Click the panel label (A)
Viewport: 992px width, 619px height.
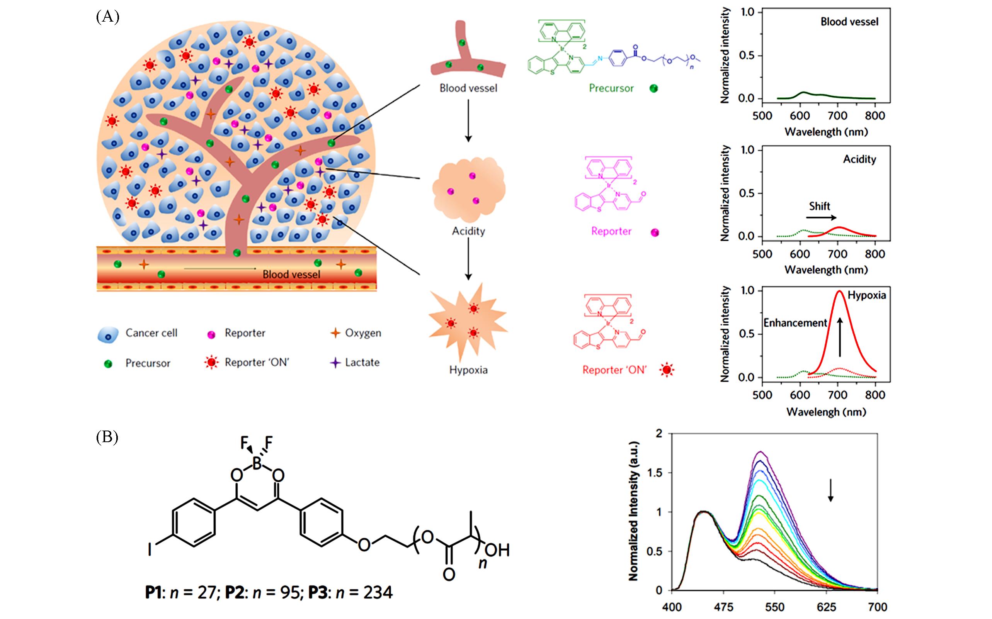pyautogui.click(x=107, y=17)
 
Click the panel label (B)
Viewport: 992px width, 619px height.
pyautogui.click(x=107, y=437)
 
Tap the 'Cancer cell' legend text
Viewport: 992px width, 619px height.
pyautogui.click(x=151, y=333)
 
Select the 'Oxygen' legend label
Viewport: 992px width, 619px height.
pyautogui.click(x=363, y=333)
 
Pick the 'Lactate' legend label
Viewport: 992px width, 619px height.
pyautogui.click(x=362, y=362)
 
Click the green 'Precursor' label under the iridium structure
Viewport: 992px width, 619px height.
pyautogui.click(x=611, y=88)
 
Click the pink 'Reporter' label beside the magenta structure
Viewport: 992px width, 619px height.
pyautogui.click(x=611, y=231)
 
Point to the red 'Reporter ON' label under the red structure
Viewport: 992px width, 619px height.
pyautogui.click(x=614, y=370)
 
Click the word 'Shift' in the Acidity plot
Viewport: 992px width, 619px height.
pyautogui.click(x=819, y=206)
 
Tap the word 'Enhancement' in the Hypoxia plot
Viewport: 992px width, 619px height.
pyautogui.click(x=795, y=323)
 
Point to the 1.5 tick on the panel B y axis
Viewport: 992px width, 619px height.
pyautogui.click(x=654, y=473)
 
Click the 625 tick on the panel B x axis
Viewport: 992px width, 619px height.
pyautogui.click(x=826, y=607)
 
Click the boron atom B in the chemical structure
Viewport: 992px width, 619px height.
pyautogui.click(x=257, y=463)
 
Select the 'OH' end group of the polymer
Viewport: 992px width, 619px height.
pyautogui.click(x=497, y=550)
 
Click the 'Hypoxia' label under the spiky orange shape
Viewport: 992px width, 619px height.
pyautogui.click(x=468, y=370)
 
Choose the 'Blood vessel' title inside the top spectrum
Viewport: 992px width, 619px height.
pyautogui.click(x=849, y=22)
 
